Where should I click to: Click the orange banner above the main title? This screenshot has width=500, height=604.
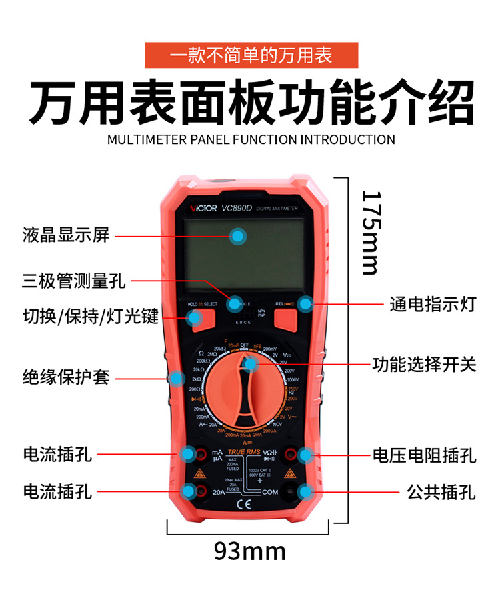(x=251, y=55)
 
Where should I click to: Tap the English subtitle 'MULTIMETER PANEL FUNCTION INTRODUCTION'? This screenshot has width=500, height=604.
(x=251, y=139)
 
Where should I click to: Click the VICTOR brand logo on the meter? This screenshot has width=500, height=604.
(x=201, y=208)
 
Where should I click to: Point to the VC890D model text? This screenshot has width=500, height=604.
(x=239, y=208)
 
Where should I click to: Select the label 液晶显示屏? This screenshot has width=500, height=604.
(x=65, y=235)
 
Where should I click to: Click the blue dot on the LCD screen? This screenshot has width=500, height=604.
(x=238, y=235)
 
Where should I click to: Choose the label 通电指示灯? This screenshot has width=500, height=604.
(x=433, y=305)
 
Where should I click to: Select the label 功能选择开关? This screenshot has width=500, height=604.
(x=424, y=365)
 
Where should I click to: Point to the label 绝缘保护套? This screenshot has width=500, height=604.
(x=65, y=378)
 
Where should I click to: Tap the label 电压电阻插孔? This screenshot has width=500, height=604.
(x=424, y=456)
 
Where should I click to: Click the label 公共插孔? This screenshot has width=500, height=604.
(x=441, y=493)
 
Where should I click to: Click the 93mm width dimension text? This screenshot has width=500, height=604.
(x=249, y=551)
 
